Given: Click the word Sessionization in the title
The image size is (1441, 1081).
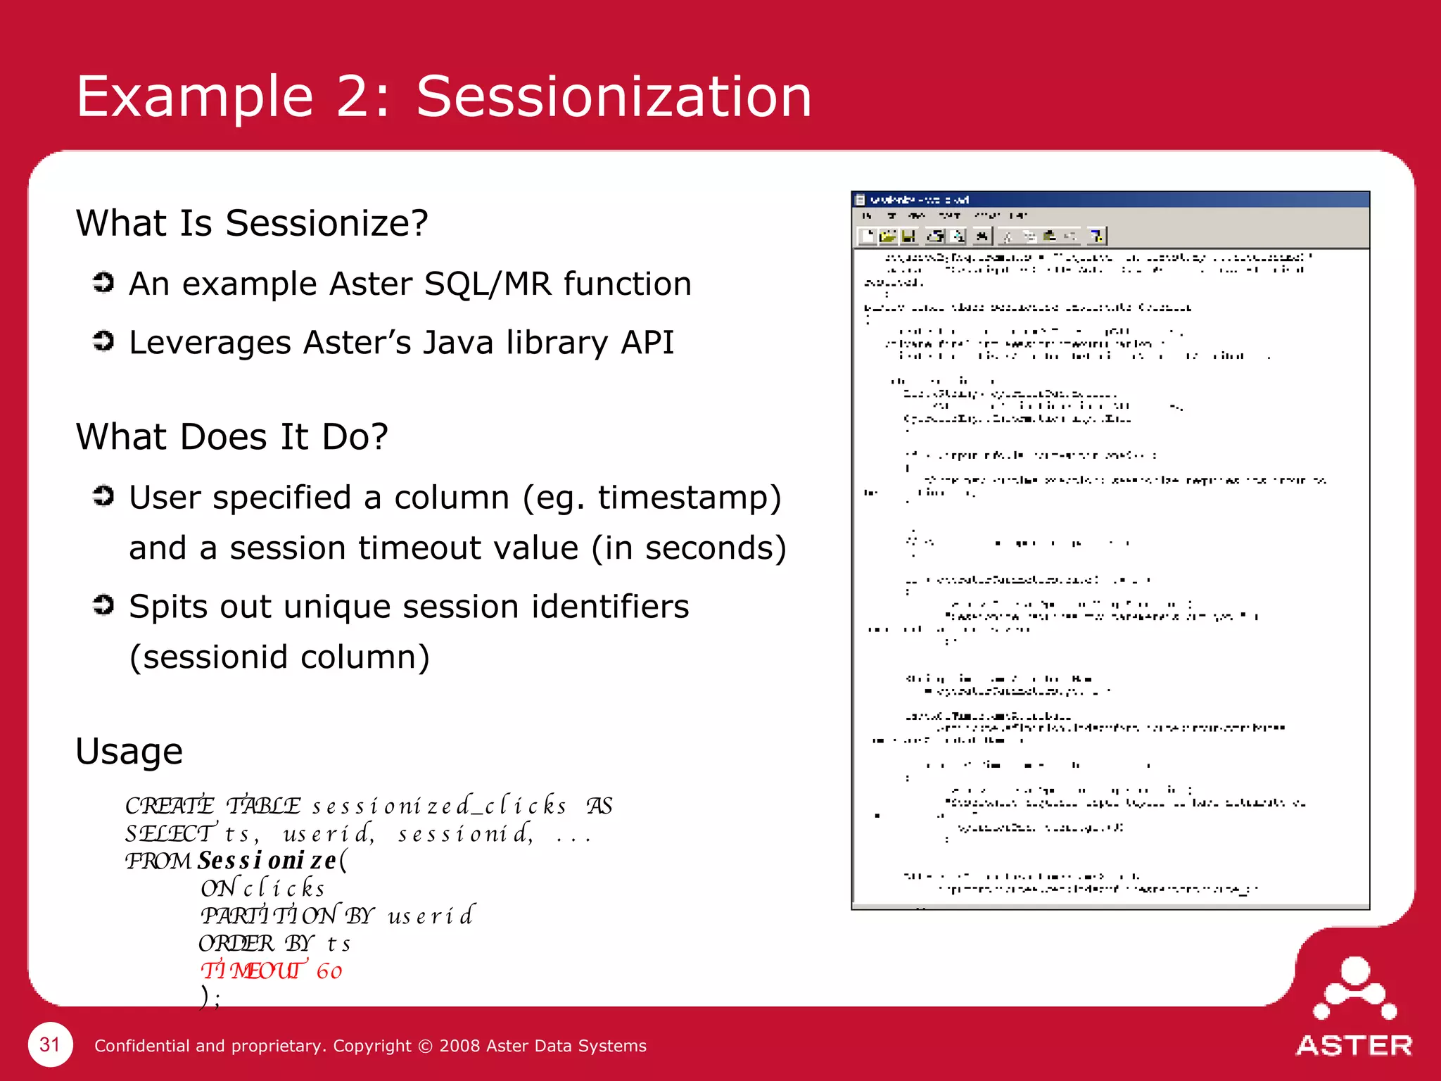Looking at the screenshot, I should point(614,96).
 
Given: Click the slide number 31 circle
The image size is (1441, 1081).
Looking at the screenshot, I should point(50,1044).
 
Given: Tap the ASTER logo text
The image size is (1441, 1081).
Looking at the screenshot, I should point(1354,1046).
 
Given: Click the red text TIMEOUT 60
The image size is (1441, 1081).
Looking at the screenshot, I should point(272,971).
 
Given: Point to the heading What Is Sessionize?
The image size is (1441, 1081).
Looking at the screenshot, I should point(252,223).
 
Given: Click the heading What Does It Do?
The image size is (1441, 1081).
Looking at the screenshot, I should point(232,436).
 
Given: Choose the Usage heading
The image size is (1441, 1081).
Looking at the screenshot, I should point(129,751).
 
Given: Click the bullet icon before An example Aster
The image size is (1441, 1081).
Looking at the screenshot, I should point(103,283).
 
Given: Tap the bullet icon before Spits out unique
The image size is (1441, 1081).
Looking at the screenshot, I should point(103,605).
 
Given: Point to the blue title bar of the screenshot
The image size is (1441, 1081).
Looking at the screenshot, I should point(1110,200).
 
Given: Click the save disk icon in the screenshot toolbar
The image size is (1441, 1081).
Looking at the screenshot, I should point(908,236).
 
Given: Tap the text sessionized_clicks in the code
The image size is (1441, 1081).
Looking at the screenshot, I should point(439,805).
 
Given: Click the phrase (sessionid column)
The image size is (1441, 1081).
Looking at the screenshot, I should point(279,657).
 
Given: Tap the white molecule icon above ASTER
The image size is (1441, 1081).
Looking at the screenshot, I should point(1354,988).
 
